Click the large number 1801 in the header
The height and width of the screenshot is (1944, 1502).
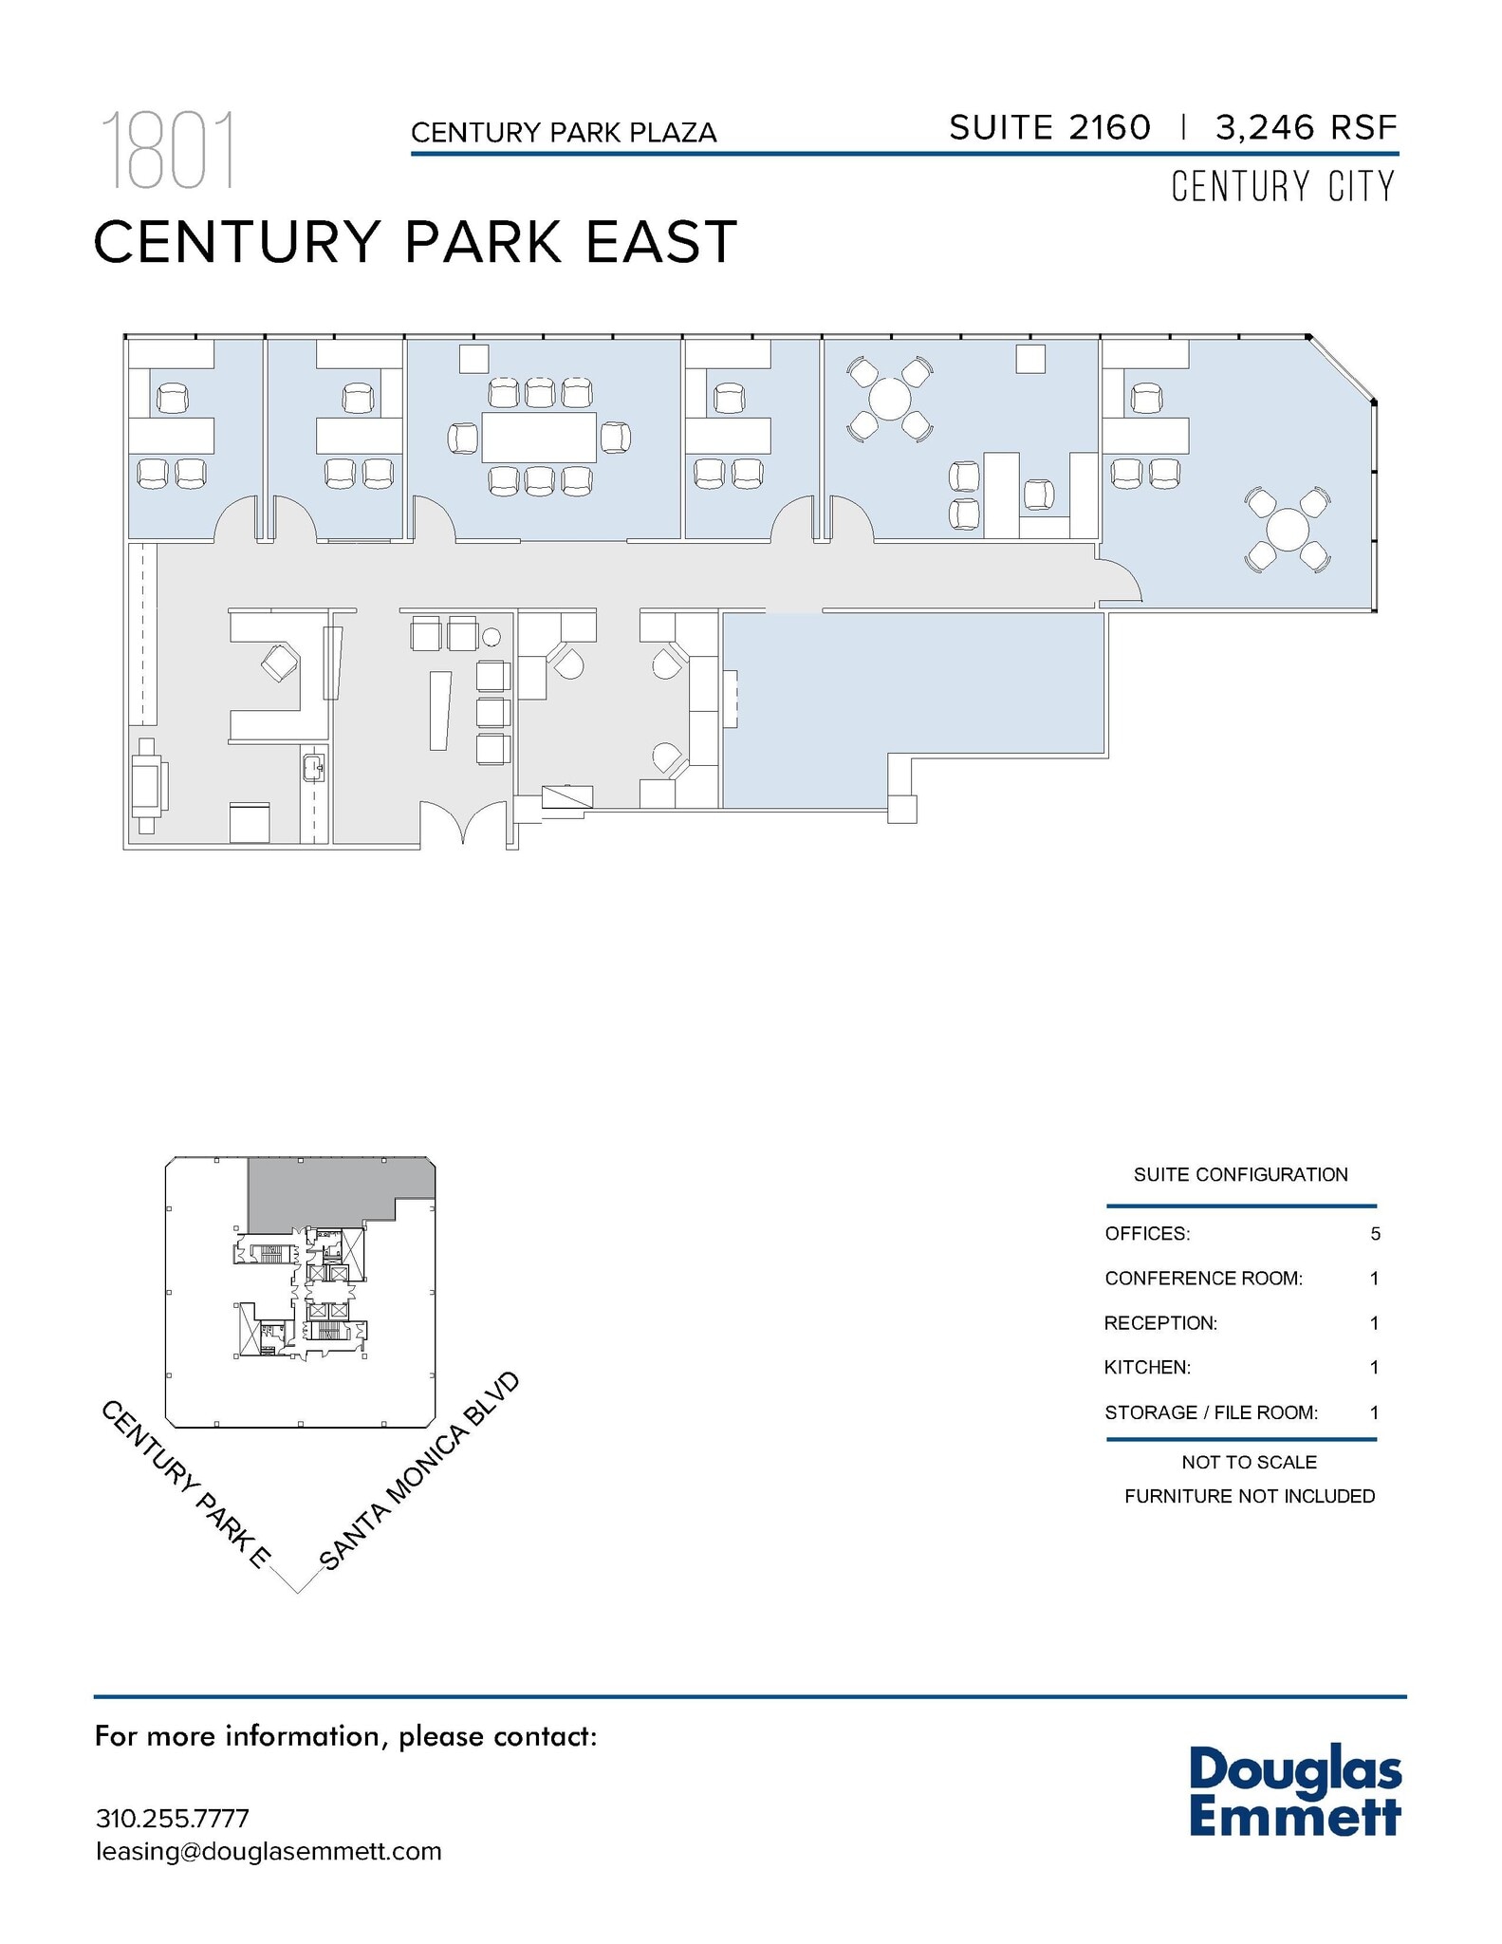pyautogui.click(x=167, y=151)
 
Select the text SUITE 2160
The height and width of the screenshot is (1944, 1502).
pyautogui.click(x=1049, y=128)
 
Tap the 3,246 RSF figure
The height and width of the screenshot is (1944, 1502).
pyautogui.click(x=1306, y=128)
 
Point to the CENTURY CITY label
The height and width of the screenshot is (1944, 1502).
pyautogui.click(x=1283, y=186)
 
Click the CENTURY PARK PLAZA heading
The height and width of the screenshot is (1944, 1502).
pyautogui.click(x=564, y=133)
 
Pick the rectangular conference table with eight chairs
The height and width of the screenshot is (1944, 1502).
pyautogui.click(x=538, y=438)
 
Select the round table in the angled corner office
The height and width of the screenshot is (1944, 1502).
pyautogui.click(x=1288, y=530)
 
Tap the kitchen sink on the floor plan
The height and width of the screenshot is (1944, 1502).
pyautogui.click(x=313, y=766)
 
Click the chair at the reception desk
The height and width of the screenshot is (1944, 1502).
pyautogui.click(x=281, y=661)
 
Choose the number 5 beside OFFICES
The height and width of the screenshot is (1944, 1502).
pyautogui.click(x=1375, y=1234)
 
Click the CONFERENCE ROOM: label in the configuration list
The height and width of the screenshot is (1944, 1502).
pyautogui.click(x=1203, y=1279)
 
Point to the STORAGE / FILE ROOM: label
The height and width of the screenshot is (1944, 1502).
pyautogui.click(x=1211, y=1412)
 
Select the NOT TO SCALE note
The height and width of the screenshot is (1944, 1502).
pyautogui.click(x=1249, y=1462)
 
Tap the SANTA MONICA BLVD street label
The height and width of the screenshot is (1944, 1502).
pyautogui.click(x=420, y=1471)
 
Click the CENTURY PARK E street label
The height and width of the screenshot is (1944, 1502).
pyautogui.click(x=186, y=1485)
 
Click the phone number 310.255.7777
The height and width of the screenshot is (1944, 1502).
pyautogui.click(x=172, y=1819)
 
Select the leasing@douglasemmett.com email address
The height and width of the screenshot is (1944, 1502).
pyautogui.click(x=269, y=1851)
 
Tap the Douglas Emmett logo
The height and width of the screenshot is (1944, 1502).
pyautogui.click(x=1294, y=1791)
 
